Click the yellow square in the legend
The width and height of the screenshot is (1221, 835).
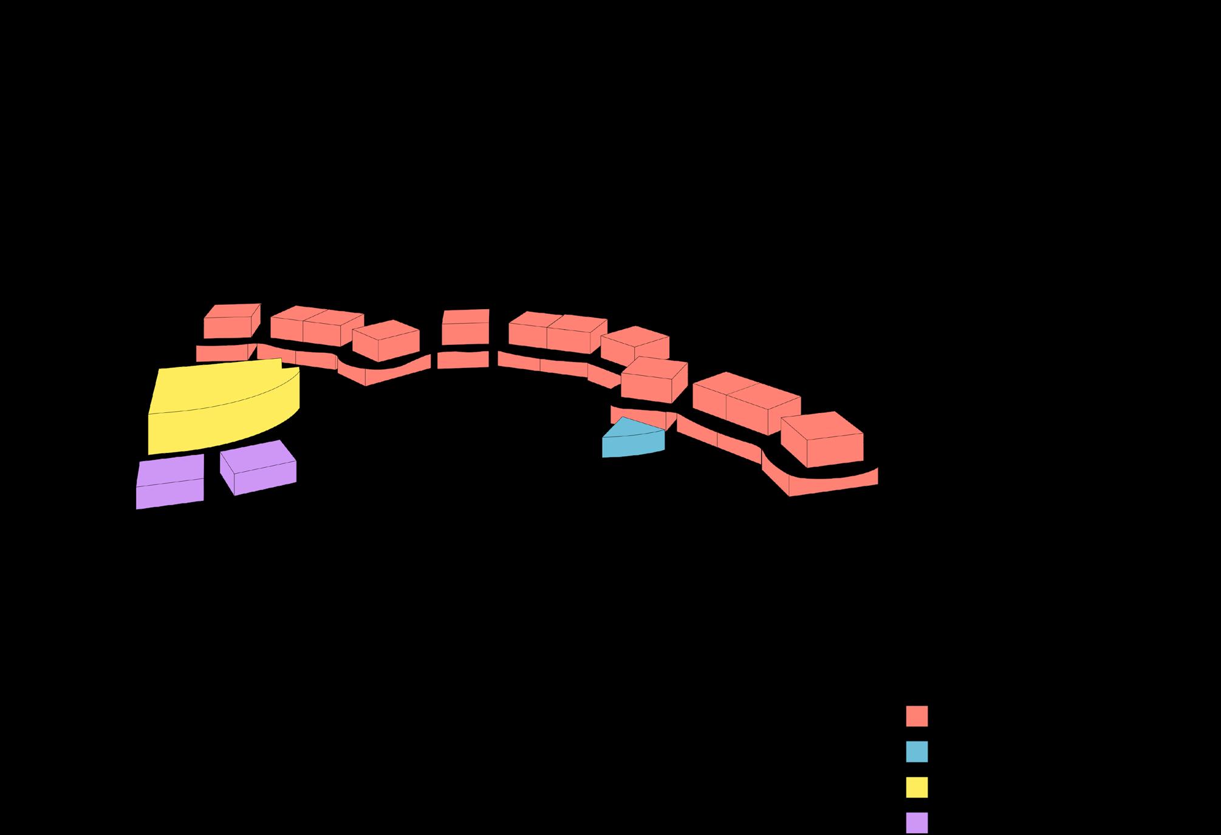917,787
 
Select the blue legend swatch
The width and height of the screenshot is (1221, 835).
917,751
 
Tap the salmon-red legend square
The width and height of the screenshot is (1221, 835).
917,716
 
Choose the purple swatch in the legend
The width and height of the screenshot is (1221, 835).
917,823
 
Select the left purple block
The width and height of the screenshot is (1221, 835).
169,483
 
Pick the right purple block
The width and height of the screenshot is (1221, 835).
259,468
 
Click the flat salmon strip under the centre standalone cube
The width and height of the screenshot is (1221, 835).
463,360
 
